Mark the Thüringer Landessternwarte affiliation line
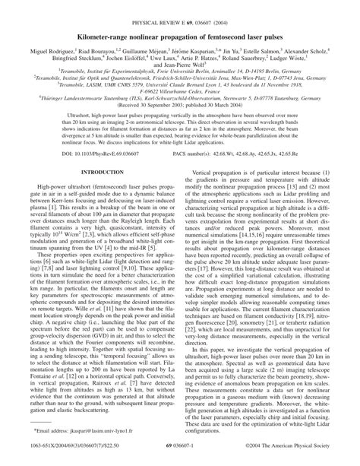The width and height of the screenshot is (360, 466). tap(179, 98)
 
